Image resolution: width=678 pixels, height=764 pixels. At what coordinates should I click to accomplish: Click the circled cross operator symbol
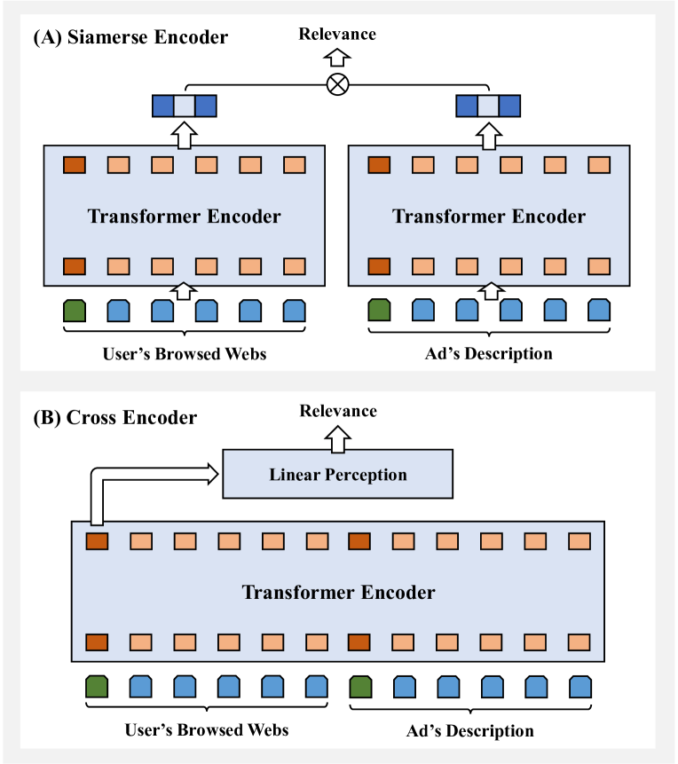coord(338,84)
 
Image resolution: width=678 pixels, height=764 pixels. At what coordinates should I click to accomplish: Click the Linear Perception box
coord(337,474)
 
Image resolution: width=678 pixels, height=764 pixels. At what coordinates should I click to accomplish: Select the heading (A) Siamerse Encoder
coord(130,37)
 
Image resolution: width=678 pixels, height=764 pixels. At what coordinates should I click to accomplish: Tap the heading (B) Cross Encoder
coord(115,417)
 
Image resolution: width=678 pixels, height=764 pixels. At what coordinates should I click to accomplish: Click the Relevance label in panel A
coord(337,35)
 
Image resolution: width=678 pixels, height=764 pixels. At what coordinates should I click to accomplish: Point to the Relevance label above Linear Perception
coord(338,411)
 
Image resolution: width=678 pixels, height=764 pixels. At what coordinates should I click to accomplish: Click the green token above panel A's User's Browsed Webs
coord(75,310)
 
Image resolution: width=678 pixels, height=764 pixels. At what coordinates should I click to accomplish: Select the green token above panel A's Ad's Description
coord(379,310)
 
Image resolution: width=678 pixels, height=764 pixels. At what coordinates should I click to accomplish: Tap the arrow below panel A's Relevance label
coord(337,58)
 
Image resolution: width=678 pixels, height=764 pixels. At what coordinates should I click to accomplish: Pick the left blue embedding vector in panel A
coord(184,106)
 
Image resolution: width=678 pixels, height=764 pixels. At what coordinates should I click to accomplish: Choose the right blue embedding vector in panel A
coord(487,106)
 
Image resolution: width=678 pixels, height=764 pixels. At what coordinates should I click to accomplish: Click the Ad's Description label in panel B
coord(470,730)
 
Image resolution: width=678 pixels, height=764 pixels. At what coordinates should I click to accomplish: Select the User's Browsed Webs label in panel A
coord(184,354)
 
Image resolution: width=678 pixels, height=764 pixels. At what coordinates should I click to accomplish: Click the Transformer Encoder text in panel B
coord(338,592)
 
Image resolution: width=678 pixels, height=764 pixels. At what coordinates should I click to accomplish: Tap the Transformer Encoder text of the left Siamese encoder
coord(184,216)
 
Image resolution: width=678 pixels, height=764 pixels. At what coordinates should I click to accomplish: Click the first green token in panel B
coord(97,687)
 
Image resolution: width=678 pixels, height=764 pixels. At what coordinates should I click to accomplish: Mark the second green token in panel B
coord(359,687)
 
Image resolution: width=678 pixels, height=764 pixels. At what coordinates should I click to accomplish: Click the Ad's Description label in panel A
coord(488,354)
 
